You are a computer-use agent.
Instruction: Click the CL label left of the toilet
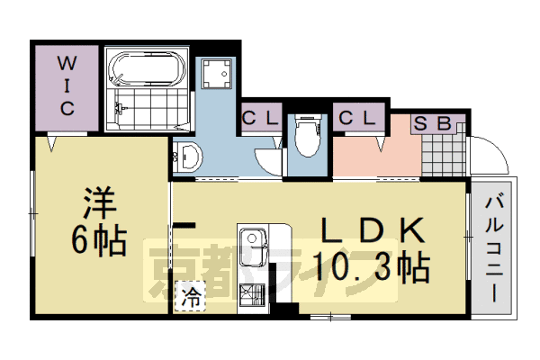coord(260,118)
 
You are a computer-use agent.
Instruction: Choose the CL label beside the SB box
coord(356,118)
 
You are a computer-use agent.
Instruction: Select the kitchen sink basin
coord(252,245)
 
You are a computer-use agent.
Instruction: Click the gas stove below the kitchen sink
coord(252,294)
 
